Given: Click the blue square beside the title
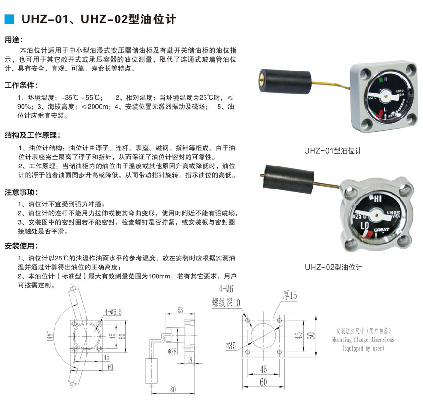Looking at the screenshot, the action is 9,19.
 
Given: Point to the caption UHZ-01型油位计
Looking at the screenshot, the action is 333,150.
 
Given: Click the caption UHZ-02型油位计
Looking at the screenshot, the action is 334,267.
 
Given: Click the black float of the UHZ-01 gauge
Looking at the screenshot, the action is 285,81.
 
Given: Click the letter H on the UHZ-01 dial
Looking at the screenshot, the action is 385,79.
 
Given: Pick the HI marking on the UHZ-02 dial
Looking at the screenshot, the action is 377,198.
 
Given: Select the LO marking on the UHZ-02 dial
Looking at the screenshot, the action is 365,225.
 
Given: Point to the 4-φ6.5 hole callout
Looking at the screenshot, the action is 113,312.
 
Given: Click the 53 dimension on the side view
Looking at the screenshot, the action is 180,310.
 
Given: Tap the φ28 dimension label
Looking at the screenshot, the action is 172,351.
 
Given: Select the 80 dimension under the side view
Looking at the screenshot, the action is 173,389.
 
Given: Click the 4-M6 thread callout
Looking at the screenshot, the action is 226,289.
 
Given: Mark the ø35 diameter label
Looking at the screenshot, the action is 231,346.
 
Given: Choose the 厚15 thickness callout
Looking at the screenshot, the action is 290,295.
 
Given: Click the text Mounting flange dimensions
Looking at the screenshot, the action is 363,339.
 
